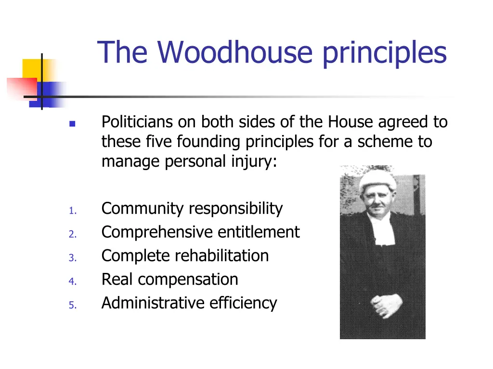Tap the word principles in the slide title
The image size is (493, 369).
coord(384,53)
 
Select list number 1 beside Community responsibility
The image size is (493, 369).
coord(72,211)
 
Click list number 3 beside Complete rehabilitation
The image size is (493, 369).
coord(72,258)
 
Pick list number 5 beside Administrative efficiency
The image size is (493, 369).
coord(72,305)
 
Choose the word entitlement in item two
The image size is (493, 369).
coord(259,233)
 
